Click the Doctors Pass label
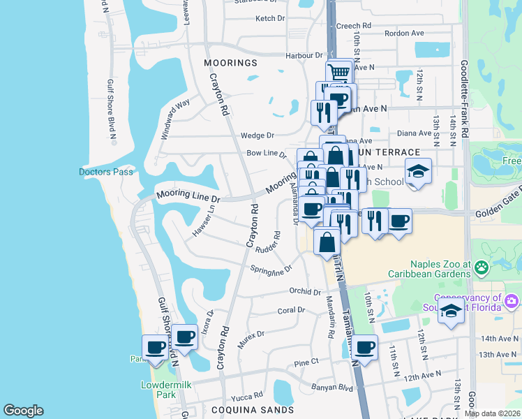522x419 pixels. tap(105, 172)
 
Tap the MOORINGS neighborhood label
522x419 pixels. tap(230, 63)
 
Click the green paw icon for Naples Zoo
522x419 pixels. tap(481, 266)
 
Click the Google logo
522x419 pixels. tap(23, 411)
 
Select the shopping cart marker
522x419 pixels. tap(338, 72)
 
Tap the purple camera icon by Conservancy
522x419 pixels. tap(512, 301)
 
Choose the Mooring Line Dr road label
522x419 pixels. tap(188, 197)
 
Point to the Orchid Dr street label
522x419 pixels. tap(306, 292)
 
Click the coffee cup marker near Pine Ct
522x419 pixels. tap(364, 346)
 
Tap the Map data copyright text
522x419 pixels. tap(492, 413)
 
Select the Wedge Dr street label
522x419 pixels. tap(258, 135)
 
